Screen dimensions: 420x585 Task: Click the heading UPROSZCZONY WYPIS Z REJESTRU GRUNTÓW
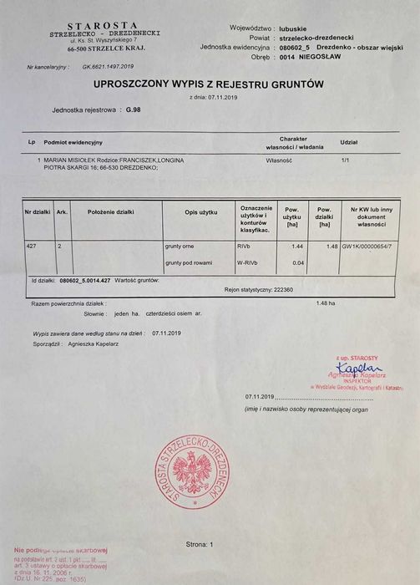pos(209,84)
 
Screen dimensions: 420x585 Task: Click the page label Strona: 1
pos(200,544)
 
